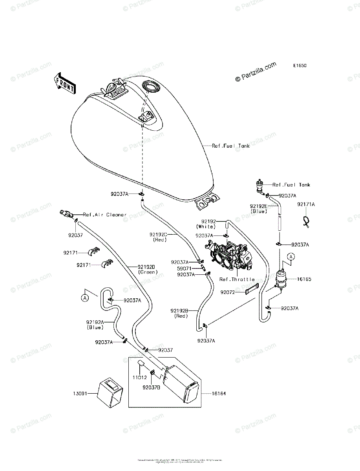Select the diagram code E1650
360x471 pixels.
pos(299,66)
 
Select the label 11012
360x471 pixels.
pos(139,377)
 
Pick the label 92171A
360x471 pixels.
pos(306,204)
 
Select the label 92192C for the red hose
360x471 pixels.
pos(158,234)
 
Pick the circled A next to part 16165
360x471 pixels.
pos(291,257)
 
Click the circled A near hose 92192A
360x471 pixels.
pos(85,298)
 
